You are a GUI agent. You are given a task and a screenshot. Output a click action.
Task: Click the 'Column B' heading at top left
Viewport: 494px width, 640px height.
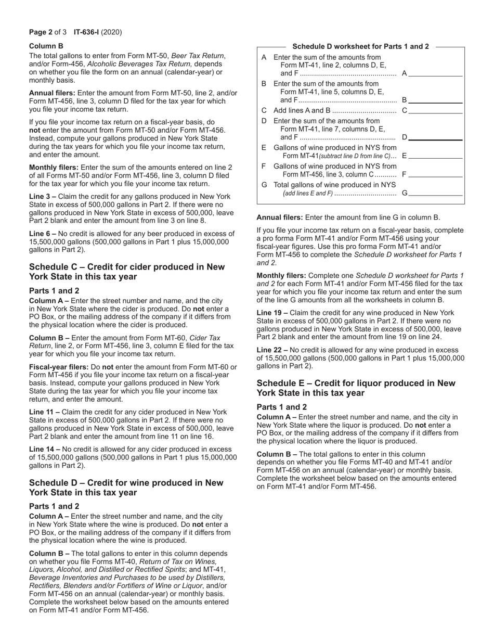[x=46, y=46]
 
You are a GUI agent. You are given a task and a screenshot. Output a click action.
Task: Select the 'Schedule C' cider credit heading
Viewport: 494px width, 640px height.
[x=127, y=272]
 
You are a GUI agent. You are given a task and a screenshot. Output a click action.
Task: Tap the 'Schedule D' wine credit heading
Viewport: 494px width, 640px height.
[x=126, y=488]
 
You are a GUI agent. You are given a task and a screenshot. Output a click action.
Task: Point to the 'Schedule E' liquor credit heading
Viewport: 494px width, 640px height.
[x=356, y=388]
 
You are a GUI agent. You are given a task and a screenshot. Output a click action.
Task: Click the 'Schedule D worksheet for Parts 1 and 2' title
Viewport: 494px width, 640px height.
[x=361, y=46]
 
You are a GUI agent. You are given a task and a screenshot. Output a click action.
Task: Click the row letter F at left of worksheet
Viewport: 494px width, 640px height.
[x=264, y=166]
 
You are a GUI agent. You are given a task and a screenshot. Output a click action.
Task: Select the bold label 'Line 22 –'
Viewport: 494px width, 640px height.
[x=272, y=350]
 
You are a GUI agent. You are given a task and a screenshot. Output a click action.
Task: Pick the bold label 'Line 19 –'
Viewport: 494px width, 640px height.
[x=272, y=313]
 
